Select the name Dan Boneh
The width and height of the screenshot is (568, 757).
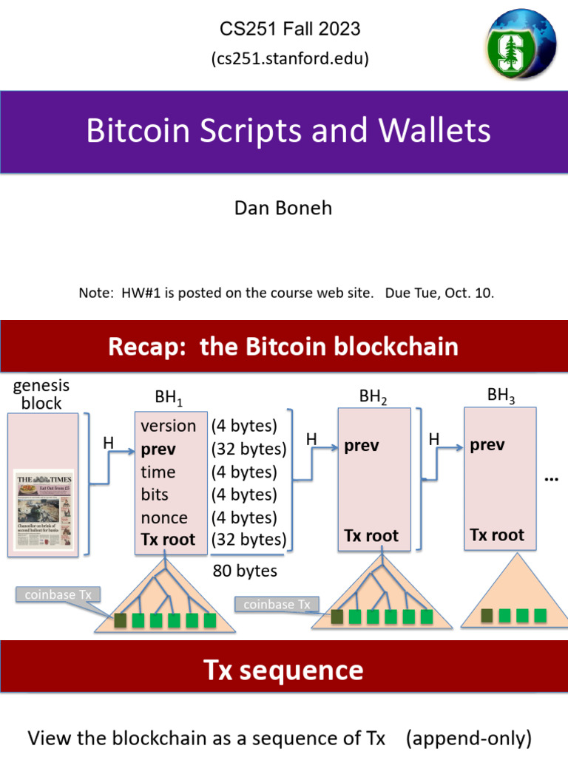pos(283,208)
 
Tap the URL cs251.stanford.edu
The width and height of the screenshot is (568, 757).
pos(290,58)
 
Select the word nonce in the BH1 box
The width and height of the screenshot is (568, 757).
pos(164,517)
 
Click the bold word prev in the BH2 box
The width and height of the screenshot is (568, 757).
pos(362,446)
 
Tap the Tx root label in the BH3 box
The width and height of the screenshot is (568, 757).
pos(497,535)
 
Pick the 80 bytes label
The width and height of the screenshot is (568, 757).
pos(245,571)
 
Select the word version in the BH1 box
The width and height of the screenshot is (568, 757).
pos(169,426)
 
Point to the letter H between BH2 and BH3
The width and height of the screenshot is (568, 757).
pos(434,440)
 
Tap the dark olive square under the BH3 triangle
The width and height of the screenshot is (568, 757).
pos(487,615)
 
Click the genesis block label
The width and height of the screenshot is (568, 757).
pos(41,394)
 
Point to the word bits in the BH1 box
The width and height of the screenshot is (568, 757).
pos(155,495)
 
